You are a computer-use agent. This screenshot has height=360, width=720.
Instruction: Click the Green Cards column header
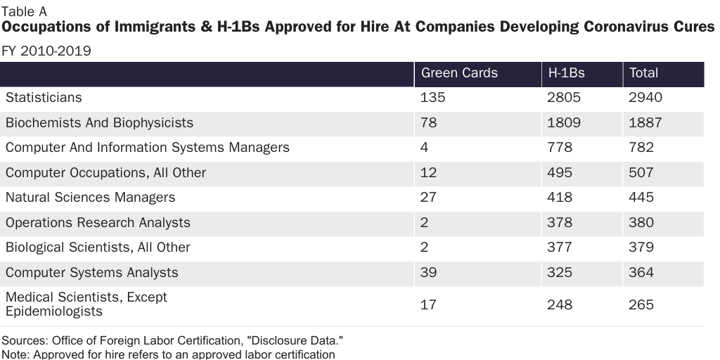click(x=459, y=73)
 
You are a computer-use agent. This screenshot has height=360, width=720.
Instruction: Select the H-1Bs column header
click(x=566, y=73)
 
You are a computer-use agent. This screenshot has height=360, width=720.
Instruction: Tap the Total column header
click(x=643, y=73)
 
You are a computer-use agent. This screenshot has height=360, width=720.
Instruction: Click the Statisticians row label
click(x=44, y=98)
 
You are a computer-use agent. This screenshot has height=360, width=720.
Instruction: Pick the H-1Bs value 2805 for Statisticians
click(x=564, y=98)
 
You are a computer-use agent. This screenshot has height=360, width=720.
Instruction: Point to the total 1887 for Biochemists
click(x=645, y=123)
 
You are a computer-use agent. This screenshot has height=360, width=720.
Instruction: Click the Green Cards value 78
click(x=428, y=123)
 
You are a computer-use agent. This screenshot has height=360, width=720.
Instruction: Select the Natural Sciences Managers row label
click(x=90, y=198)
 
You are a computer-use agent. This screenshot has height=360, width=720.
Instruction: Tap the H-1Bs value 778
click(x=560, y=148)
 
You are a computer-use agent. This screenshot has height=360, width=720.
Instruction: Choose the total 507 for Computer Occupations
click(x=641, y=173)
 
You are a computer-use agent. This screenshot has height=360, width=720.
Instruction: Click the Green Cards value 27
click(x=428, y=198)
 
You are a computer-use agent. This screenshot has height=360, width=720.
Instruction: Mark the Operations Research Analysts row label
click(x=98, y=223)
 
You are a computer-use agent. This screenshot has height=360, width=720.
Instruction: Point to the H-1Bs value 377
click(x=560, y=247)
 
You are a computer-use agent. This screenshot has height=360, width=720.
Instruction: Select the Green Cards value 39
click(x=428, y=273)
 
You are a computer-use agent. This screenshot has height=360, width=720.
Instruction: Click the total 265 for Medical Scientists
click(x=641, y=305)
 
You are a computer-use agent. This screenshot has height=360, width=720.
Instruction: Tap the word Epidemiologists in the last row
click(x=53, y=311)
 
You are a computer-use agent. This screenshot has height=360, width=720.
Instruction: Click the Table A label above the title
click(x=25, y=11)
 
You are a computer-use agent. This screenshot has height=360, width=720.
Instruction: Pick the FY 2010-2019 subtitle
click(x=46, y=51)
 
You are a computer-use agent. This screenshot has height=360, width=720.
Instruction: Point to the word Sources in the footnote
click(x=23, y=341)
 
